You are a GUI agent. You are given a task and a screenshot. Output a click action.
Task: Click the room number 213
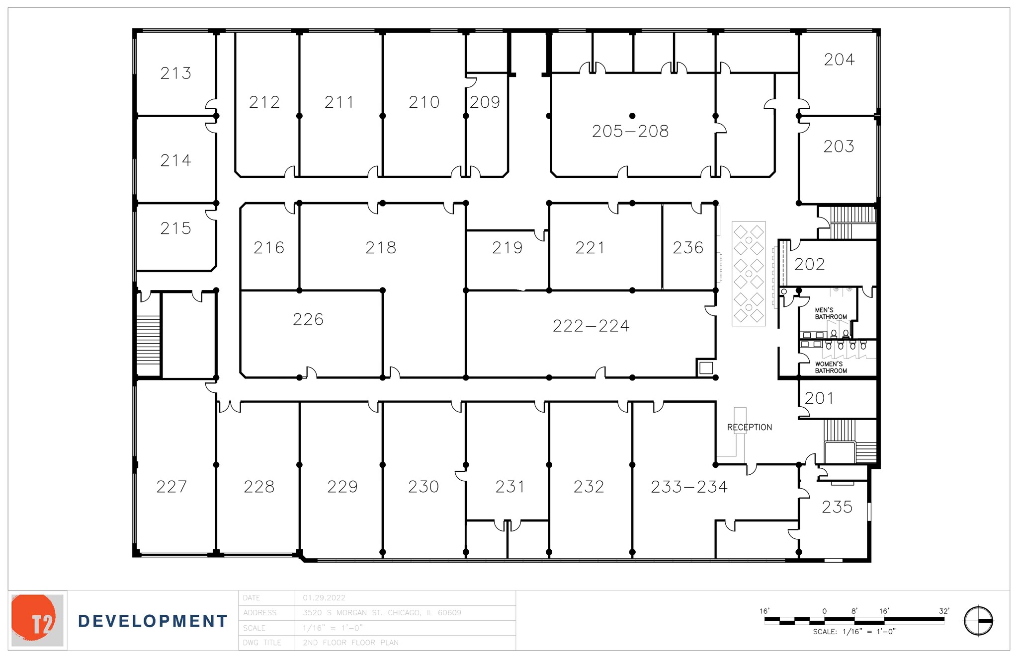click(x=175, y=73)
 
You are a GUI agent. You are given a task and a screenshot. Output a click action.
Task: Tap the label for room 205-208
click(x=630, y=132)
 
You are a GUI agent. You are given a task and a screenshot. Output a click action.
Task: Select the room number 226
click(x=308, y=319)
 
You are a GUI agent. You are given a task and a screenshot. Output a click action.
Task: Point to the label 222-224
click(x=591, y=326)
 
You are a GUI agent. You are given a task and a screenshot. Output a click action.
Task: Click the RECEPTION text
click(x=749, y=428)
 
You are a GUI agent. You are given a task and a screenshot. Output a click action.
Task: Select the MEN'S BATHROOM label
click(x=831, y=313)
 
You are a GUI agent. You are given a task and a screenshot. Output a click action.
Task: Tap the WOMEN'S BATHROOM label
click(x=831, y=367)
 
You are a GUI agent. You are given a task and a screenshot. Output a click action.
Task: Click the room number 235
click(x=837, y=507)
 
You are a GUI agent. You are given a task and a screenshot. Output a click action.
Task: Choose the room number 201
click(x=819, y=398)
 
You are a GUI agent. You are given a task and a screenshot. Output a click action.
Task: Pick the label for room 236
click(x=688, y=248)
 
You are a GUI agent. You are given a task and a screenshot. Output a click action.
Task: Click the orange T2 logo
click(x=37, y=620)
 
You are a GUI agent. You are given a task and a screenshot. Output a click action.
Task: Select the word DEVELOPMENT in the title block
click(x=153, y=621)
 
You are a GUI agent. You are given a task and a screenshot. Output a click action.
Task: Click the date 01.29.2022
click(x=324, y=598)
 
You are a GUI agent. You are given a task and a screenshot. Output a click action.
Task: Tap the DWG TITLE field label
click(x=262, y=643)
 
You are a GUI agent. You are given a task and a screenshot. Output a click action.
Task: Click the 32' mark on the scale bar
click(x=944, y=611)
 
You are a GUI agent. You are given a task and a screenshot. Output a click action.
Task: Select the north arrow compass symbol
click(x=978, y=621)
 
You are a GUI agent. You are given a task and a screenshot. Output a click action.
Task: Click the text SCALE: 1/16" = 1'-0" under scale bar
click(x=854, y=632)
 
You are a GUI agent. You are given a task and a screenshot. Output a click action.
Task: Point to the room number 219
click(x=508, y=248)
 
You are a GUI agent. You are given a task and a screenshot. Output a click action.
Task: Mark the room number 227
click(x=171, y=487)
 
